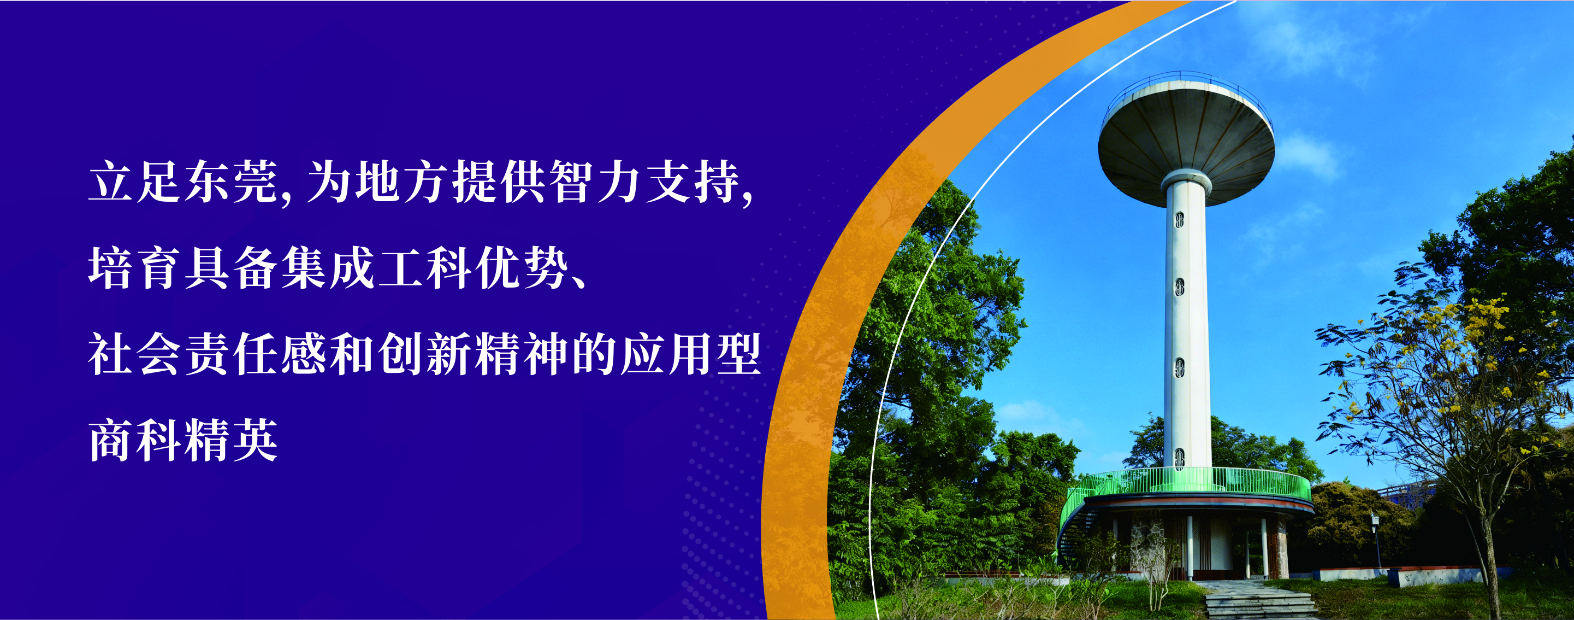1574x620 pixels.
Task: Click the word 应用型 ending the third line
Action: [x=690, y=354]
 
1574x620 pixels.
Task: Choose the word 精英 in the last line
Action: [x=231, y=440]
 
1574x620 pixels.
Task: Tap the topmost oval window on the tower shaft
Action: [x=1179, y=219]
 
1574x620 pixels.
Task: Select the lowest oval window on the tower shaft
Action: [x=1179, y=458]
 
